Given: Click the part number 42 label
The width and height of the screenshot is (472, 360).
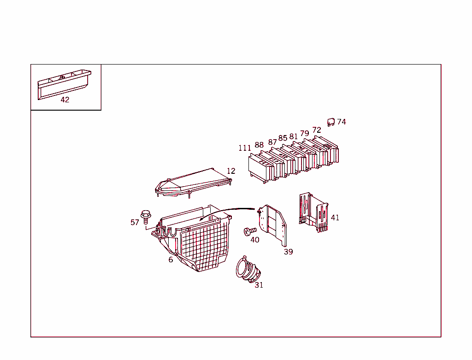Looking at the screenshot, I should click(x=65, y=100).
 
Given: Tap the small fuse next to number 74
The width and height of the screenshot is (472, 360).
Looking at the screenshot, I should click(x=330, y=122).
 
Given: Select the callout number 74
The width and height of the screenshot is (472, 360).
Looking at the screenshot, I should click(x=342, y=122).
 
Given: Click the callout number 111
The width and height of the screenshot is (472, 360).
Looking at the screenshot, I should click(x=245, y=148).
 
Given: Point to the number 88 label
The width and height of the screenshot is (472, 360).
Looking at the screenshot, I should click(x=259, y=145).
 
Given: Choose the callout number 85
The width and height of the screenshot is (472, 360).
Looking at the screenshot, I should click(x=283, y=138).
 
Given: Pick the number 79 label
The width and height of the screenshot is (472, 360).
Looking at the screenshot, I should click(x=305, y=134).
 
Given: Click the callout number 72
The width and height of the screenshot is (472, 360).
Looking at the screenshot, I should click(x=317, y=130).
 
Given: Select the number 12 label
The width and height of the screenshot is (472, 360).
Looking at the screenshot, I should click(x=231, y=171).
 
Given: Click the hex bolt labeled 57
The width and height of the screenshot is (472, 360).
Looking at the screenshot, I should click(x=147, y=216).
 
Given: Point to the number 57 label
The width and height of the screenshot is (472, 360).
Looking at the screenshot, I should click(x=135, y=223).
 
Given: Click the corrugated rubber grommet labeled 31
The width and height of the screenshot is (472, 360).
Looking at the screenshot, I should click(x=248, y=270).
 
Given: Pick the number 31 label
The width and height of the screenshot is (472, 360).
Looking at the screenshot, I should click(x=259, y=285).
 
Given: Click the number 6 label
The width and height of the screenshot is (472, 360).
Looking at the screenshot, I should click(x=171, y=260).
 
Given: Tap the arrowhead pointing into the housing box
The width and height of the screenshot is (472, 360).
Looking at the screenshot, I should click(x=202, y=219).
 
